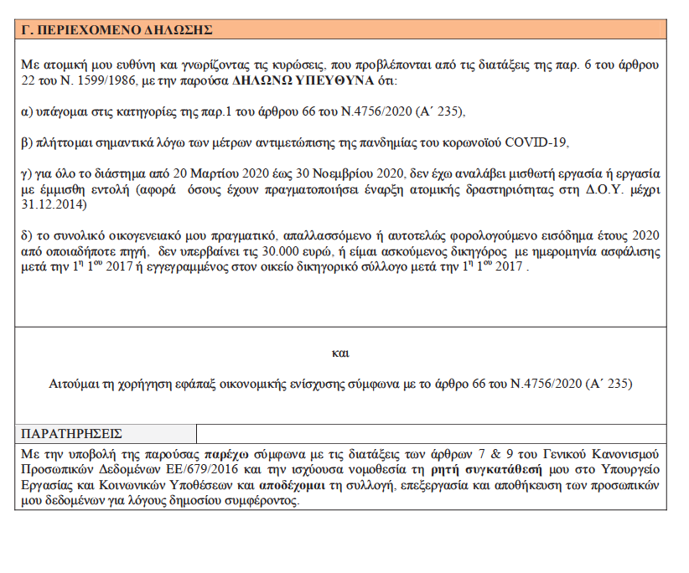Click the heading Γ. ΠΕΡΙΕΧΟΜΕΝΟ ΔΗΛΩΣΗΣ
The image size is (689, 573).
(x=117, y=29)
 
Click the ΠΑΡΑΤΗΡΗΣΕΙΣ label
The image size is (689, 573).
(x=72, y=433)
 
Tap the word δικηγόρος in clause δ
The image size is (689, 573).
(x=451, y=252)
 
